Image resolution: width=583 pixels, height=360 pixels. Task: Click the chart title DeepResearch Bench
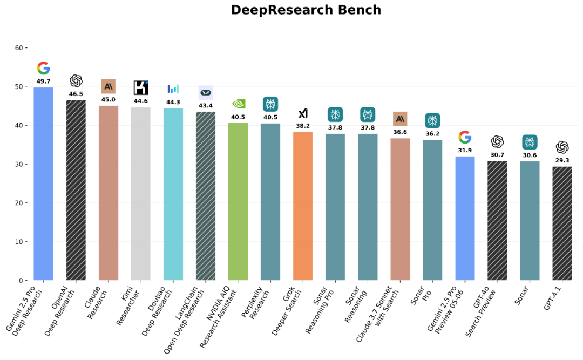306,10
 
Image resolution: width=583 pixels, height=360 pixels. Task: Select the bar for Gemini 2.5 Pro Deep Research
43,184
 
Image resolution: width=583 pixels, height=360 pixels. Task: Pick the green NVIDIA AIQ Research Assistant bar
238,202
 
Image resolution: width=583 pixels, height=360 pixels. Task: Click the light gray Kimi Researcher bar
141,194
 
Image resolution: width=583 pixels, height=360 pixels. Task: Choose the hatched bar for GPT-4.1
562,223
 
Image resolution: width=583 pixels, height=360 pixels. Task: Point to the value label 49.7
43,81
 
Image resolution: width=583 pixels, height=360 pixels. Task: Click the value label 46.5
76,94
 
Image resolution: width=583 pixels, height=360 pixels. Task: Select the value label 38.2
303,126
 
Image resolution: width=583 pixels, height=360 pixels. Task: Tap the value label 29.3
562,161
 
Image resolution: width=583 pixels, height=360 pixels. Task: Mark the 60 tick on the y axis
19,48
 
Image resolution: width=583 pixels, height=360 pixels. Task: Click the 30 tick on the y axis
19,164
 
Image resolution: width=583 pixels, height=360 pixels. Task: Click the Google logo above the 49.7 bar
43,69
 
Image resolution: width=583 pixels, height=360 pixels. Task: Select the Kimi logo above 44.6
141,87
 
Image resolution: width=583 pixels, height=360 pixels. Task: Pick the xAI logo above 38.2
303,113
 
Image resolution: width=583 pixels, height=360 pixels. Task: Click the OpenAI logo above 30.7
497,141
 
